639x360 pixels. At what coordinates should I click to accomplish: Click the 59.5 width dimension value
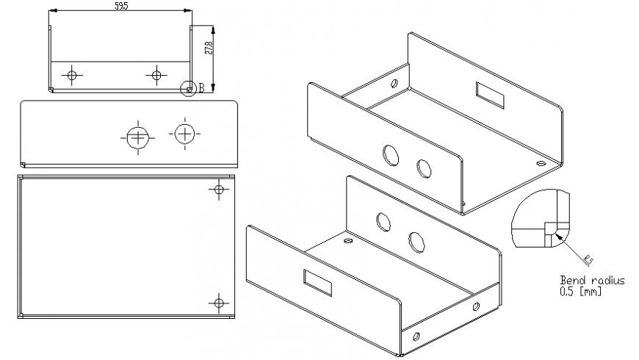coord(121,6)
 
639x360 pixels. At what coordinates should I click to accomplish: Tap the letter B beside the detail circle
coord(201,88)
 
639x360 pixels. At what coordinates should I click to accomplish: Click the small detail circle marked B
coord(188,88)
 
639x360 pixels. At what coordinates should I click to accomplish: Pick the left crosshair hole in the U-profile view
coord(72,75)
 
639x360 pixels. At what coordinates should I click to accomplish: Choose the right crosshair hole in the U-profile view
coord(156,75)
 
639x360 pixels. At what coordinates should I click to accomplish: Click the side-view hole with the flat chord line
coord(137,135)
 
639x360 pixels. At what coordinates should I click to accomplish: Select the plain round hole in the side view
coord(184,133)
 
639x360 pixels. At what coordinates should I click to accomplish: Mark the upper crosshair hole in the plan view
coord(218,190)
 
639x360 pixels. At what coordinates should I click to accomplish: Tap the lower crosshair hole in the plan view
coord(218,302)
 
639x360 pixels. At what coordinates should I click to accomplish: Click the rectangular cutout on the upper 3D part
coord(490,95)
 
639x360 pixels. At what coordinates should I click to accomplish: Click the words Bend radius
coord(592,281)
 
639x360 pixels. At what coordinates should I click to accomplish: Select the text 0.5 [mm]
coord(581,291)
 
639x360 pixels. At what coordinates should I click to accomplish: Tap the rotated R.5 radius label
coord(588,258)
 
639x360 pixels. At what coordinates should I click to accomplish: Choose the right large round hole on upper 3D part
coord(424,168)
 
